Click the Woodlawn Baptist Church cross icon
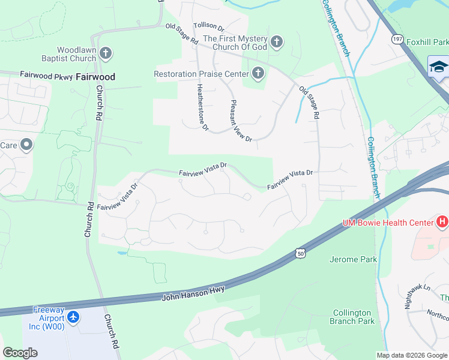(106, 54)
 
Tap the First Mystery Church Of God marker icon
(276, 41)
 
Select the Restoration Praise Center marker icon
(258, 74)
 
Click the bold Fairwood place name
(95, 77)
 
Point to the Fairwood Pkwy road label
(46, 75)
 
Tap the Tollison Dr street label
(208, 27)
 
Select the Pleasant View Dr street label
(241, 120)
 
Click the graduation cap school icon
(439, 67)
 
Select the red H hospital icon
(442, 223)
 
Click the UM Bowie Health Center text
(388, 223)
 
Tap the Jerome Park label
(354, 259)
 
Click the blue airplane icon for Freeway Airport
(73, 317)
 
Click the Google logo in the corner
(20, 353)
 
